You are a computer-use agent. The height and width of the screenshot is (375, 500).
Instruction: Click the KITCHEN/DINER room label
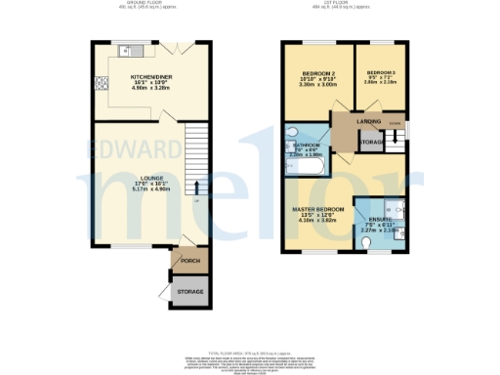point(152,74)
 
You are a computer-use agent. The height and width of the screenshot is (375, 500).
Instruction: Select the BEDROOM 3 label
point(380,74)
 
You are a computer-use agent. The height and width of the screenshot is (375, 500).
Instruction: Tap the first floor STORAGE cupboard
point(372,143)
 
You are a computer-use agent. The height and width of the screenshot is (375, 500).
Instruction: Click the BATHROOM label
point(309,144)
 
